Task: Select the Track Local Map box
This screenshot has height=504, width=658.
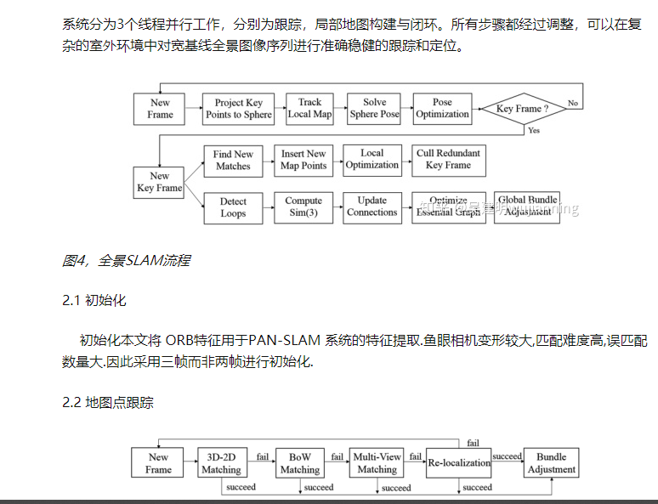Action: tap(310, 109)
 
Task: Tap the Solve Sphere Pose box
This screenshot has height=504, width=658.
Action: tap(374, 109)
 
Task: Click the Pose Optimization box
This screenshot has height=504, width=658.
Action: tap(442, 109)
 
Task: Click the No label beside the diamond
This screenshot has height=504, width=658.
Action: tap(573, 104)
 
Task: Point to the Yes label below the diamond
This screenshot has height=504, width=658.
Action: tap(533, 131)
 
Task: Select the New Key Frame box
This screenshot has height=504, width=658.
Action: tap(160, 182)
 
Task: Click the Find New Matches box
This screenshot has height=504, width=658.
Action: tap(233, 161)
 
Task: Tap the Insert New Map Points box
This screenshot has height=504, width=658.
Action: tap(303, 161)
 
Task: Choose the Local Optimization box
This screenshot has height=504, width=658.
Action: tap(372, 160)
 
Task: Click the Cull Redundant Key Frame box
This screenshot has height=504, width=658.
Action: tap(448, 160)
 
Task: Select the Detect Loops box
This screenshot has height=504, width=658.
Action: tap(233, 208)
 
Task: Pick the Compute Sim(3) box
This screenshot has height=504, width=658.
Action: tap(303, 207)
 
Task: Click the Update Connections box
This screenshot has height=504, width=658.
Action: tap(372, 207)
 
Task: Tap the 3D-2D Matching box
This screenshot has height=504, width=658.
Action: tap(221, 463)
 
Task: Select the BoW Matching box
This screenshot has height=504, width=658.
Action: tap(300, 463)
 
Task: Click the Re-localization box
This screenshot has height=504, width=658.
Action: tap(459, 463)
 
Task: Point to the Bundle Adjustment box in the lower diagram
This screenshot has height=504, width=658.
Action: tap(551, 463)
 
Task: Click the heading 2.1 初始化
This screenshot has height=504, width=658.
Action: tap(94, 301)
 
